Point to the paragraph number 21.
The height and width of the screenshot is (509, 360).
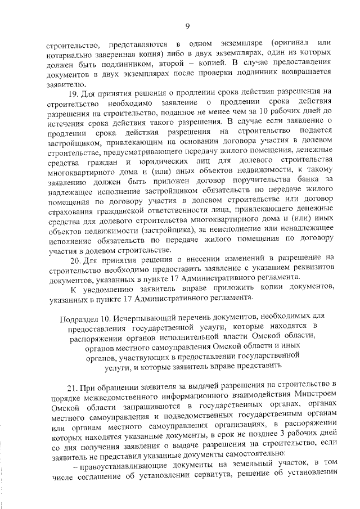pos(71,384)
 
